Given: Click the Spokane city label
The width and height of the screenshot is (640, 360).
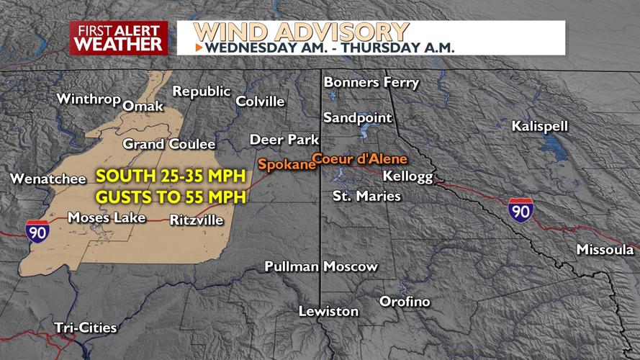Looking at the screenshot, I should point(287,164).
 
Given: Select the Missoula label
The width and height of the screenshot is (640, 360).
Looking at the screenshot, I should point(605,249).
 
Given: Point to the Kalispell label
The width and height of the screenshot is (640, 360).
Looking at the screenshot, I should point(540,126).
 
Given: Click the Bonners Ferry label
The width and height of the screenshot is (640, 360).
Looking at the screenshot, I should point(371,82).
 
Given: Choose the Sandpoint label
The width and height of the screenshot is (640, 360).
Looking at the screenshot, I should point(358,117).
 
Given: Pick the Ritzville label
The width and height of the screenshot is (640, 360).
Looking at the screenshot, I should point(197,220).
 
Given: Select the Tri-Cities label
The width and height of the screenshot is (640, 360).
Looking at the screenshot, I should point(86,328).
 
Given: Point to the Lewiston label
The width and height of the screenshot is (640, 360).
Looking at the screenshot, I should point(329,311).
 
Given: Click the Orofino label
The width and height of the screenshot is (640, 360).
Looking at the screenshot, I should point(405,301).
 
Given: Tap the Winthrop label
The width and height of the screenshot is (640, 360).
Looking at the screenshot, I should point(88,99).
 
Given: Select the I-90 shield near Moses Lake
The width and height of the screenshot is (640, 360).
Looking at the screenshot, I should point(37,232).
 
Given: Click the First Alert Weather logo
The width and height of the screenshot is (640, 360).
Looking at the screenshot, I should point(119,38).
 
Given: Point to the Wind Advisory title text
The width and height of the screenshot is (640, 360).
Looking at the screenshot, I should point(301,32).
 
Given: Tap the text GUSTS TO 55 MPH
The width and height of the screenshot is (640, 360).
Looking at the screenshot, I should point(171,197).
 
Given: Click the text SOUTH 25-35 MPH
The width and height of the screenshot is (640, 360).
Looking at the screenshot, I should point(171,176).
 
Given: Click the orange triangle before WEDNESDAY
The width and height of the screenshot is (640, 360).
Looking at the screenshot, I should point(199,48).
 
